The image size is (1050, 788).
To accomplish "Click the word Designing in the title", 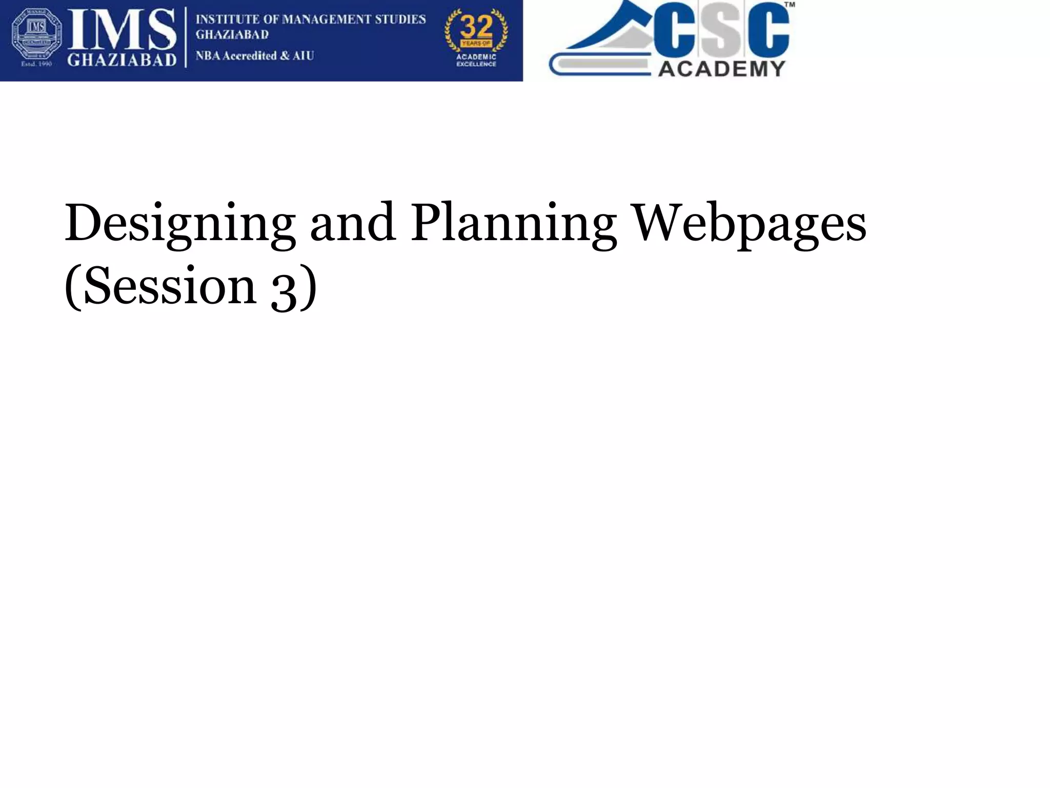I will click(179, 224).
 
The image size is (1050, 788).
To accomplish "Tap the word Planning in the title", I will click(513, 224).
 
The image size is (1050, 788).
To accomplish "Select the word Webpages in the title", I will click(750, 224).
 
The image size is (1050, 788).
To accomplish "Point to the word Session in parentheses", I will click(169, 286).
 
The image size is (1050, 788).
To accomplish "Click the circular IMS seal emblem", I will click(36, 33).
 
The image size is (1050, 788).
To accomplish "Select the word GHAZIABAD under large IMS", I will click(122, 60).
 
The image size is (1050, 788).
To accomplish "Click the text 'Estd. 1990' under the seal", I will click(36, 64).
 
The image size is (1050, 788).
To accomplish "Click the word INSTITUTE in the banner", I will click(227, 19).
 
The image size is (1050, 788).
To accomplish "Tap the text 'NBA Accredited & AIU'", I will click(255, 55).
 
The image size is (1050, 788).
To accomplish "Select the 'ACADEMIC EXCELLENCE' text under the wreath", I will click(476, 61).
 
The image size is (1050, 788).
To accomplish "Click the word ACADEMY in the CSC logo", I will click(721, 69).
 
